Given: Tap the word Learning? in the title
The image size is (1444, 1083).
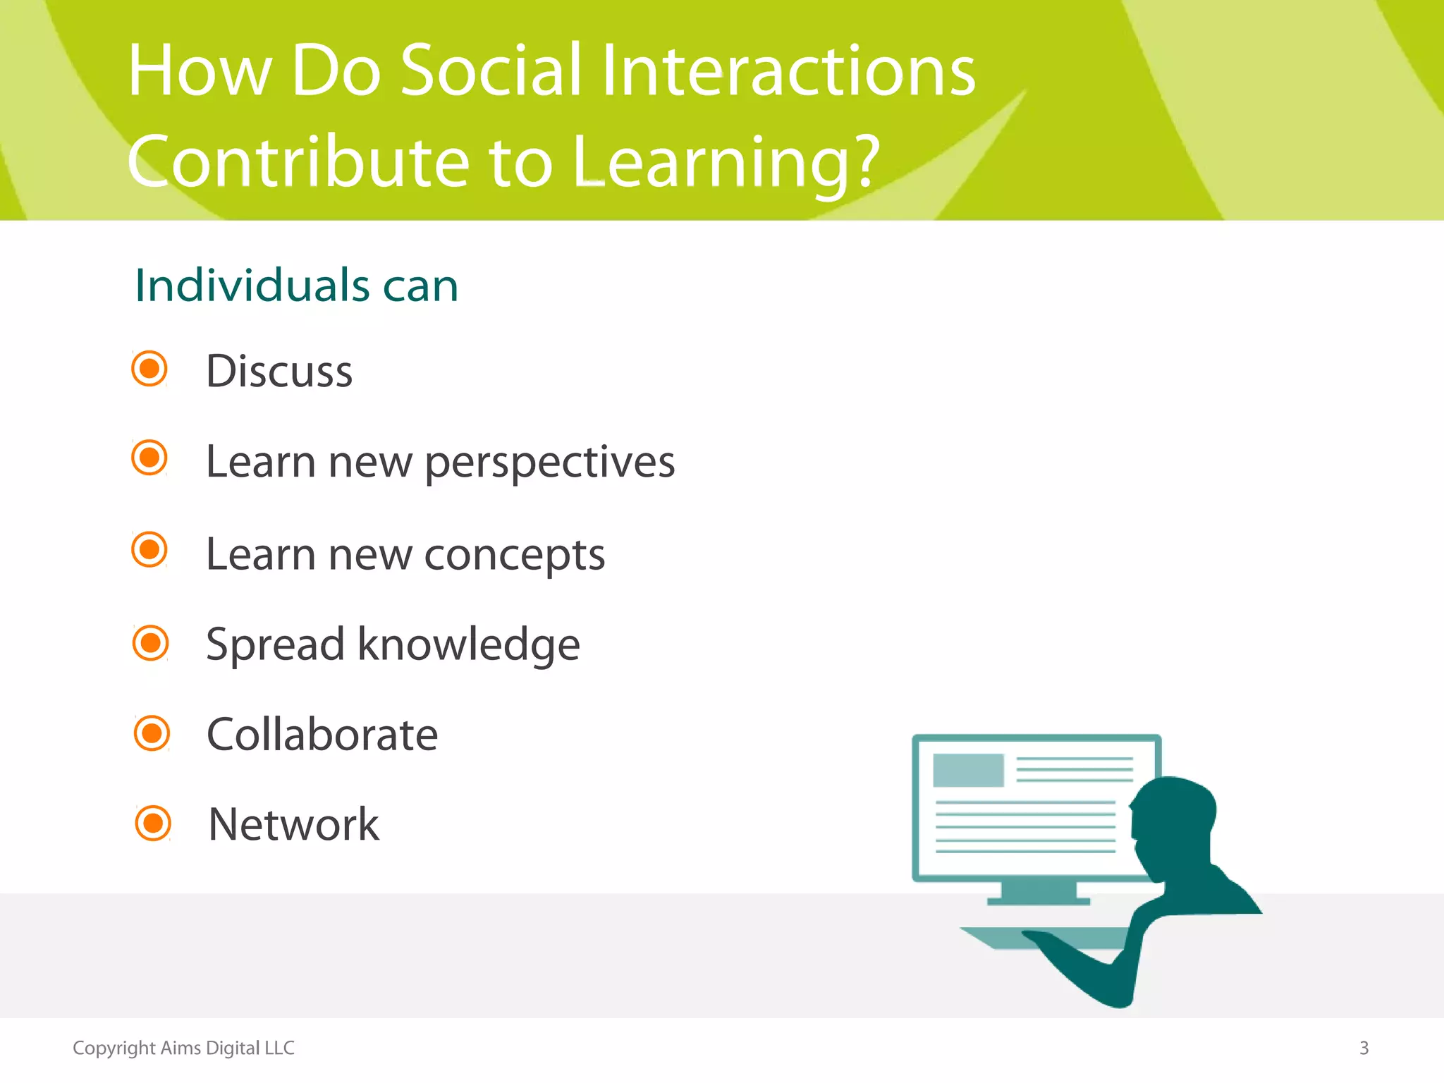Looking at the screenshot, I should coord(726,164).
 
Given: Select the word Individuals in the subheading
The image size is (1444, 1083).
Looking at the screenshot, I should coord(252,286).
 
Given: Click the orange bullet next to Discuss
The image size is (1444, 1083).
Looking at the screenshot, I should coord(149,368).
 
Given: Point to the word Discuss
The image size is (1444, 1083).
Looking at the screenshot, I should coord(279,372).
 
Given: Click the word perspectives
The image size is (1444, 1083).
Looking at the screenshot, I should coord(550,463).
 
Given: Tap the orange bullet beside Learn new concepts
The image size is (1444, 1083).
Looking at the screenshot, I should coord(149,549).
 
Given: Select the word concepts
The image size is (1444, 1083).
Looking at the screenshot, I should coord(515,555).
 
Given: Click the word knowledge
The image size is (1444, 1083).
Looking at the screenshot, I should coord(468,644).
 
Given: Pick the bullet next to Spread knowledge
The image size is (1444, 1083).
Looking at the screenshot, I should coord(151,642).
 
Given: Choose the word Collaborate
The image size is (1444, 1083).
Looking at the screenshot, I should coord(322,735).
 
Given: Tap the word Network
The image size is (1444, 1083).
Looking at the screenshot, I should coord(294,824).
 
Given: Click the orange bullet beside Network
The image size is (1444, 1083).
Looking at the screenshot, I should coord(153,823).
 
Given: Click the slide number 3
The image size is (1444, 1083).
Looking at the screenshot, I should coord(1364,1048).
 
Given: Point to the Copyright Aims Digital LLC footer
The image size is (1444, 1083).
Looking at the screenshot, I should coord(183,1048).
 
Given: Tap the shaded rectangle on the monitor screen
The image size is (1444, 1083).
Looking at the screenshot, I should coord(968,770).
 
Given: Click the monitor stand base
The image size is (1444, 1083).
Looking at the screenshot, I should coord(1038,900).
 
